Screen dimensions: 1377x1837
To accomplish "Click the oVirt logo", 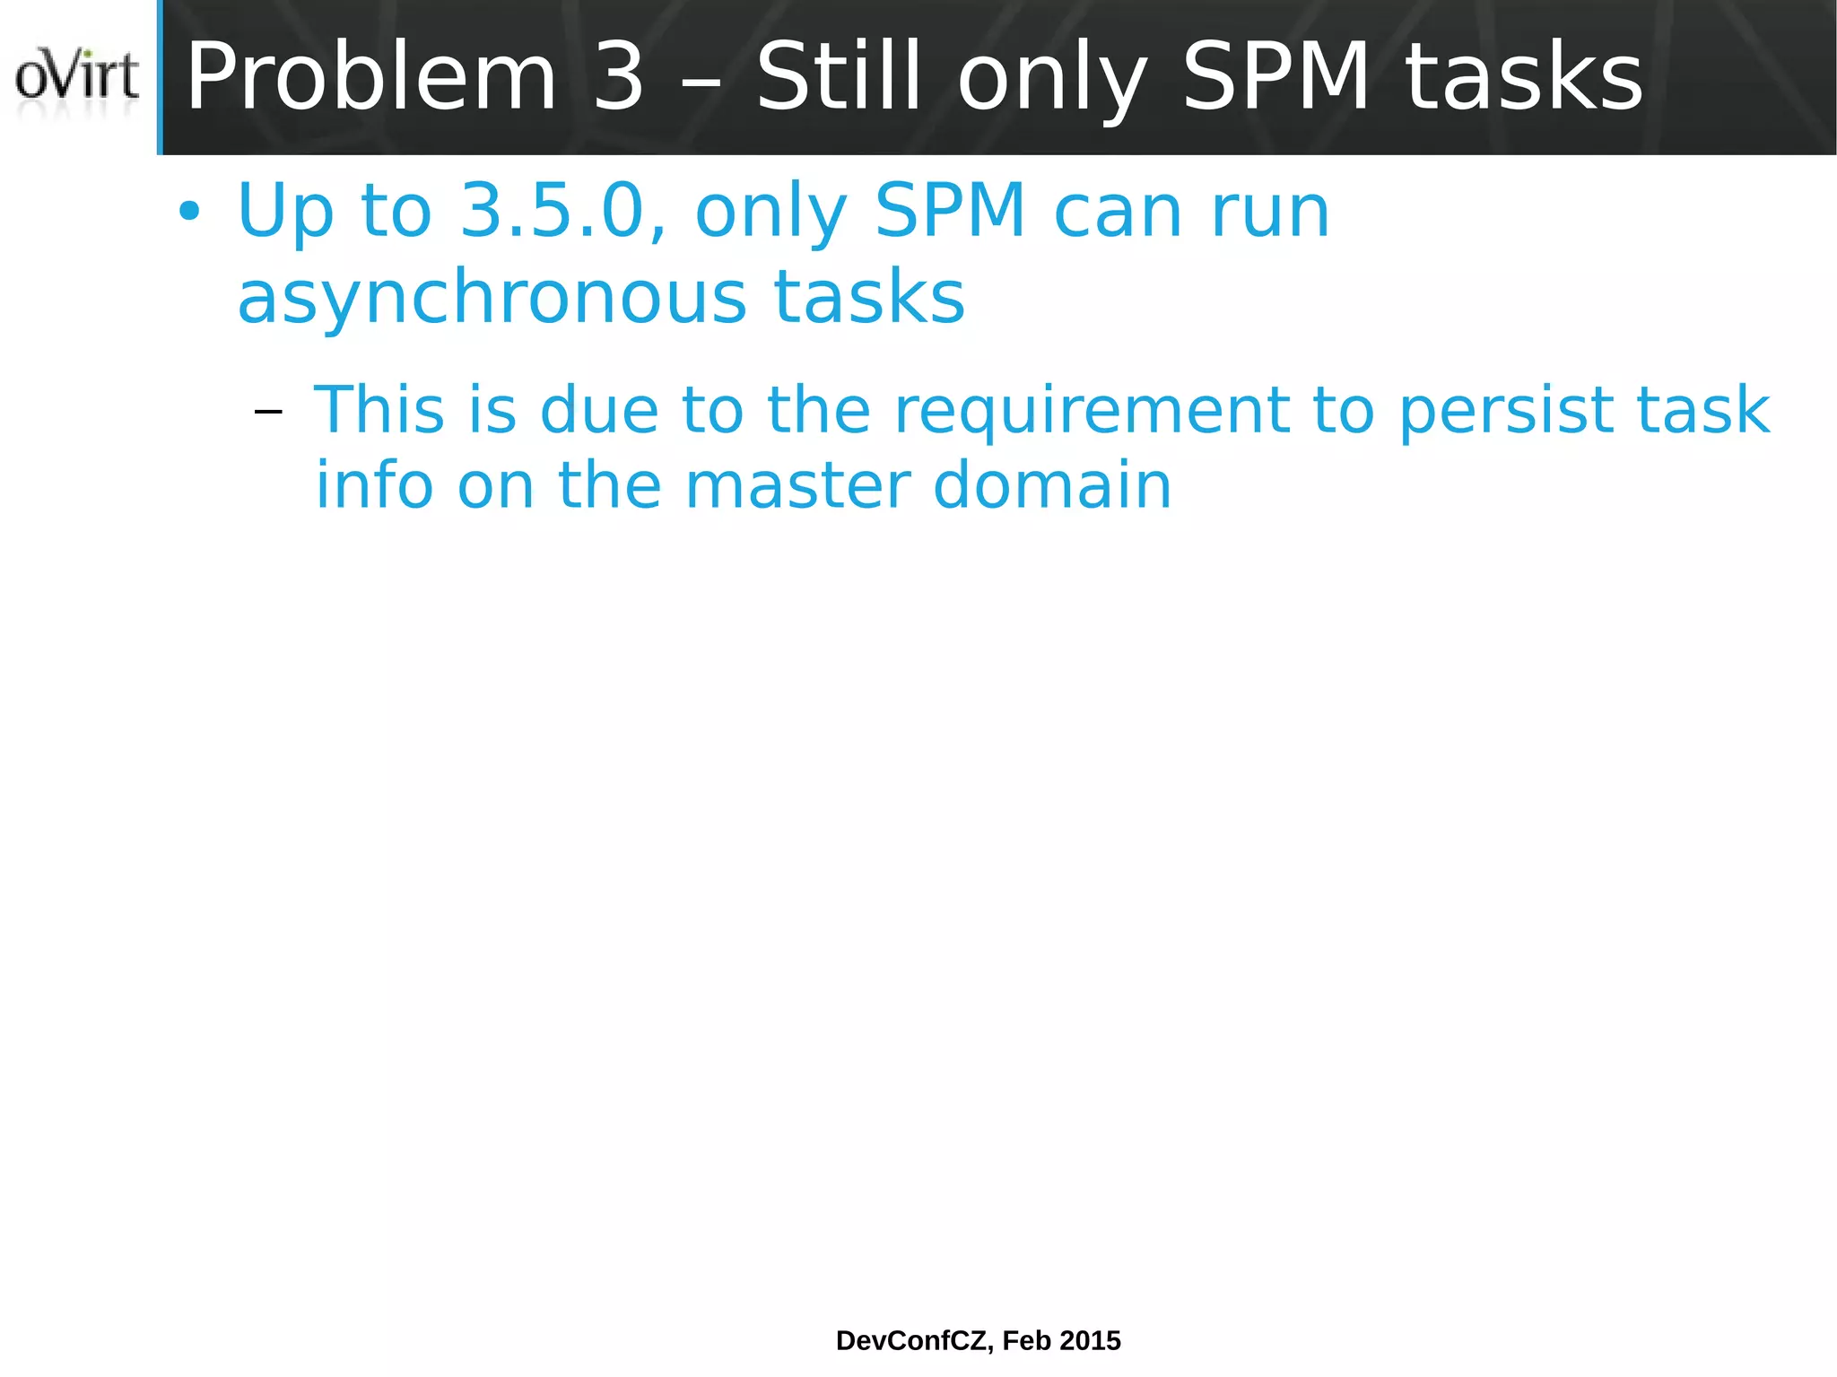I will (77, 78).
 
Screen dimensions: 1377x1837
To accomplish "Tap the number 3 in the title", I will (619, 78).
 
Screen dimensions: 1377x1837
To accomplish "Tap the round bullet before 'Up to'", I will (189, 214).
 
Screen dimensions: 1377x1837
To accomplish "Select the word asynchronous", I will (492, 298).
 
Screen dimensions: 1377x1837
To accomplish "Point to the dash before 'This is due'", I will (268, 413).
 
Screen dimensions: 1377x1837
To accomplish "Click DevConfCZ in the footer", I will (914, 1340).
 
